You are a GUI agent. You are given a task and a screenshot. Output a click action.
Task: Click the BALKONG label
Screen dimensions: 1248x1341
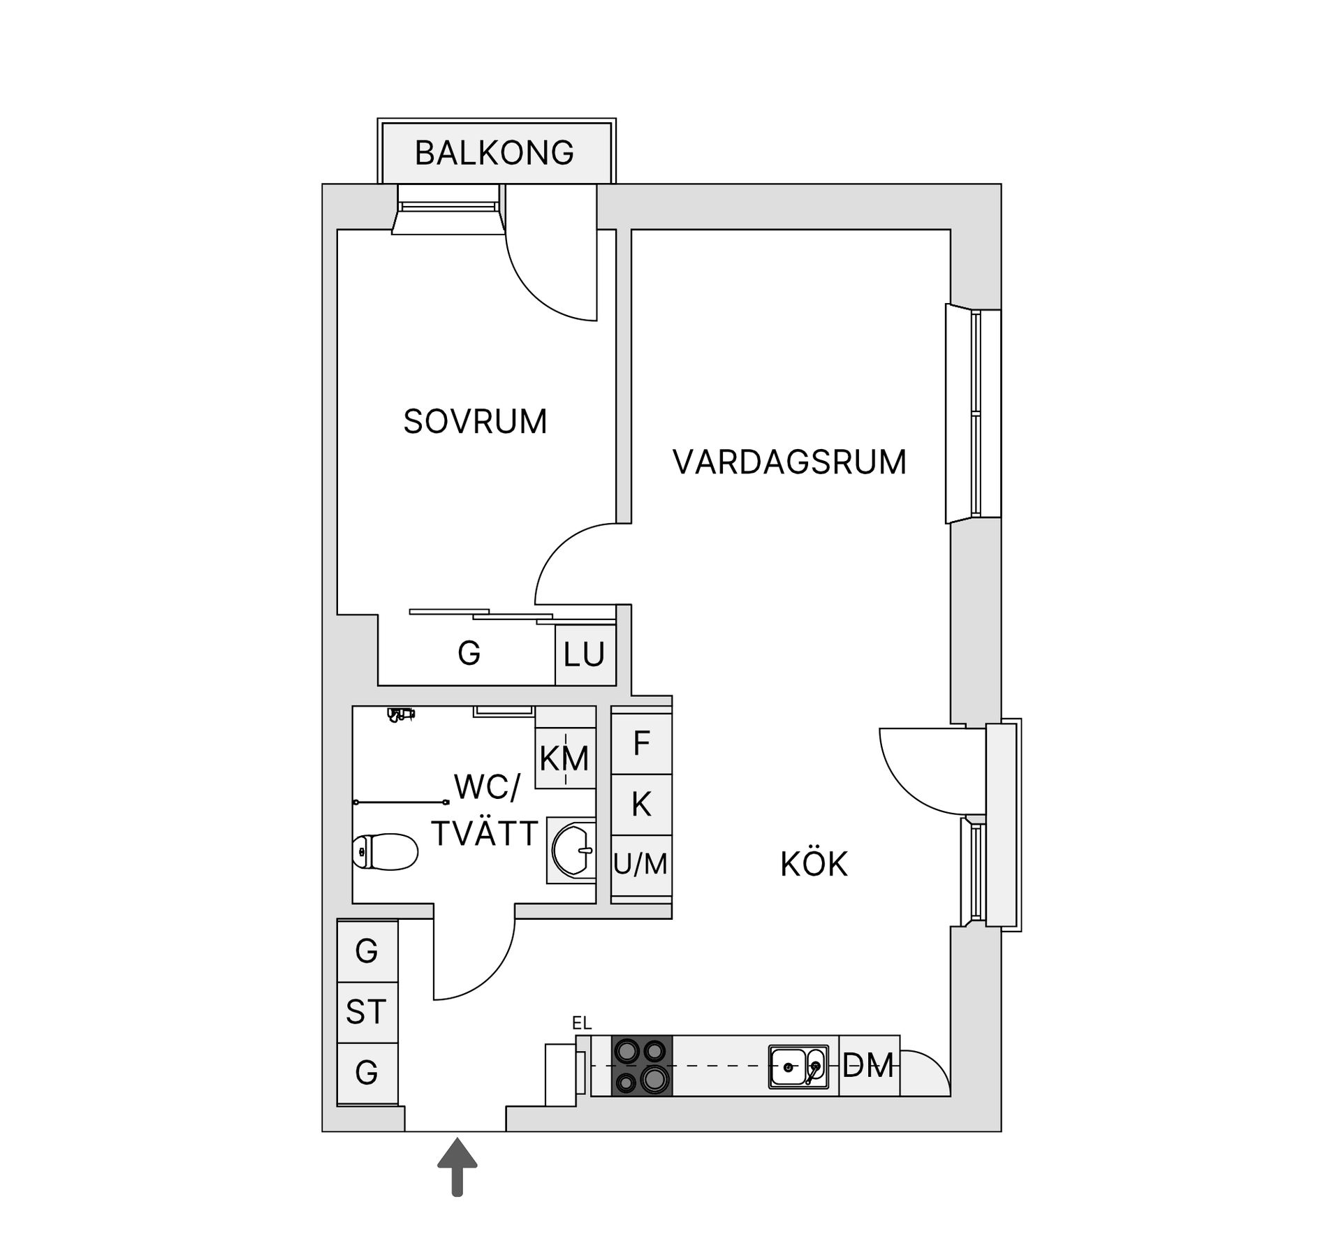click(x=494, y=153)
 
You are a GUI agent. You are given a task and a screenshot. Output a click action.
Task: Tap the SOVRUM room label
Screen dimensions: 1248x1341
click(x=475, y=422)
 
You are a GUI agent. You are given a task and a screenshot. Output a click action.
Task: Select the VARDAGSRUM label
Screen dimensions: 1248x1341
click(x=789, y=462)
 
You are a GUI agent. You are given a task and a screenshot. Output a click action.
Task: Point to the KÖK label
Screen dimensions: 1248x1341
click(x=814, y=865)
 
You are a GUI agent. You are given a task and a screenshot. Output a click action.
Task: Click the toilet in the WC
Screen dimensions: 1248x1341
click(x=385, y=851)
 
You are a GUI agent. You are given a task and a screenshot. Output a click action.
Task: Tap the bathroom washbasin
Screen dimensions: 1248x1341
click(x=573, y=850)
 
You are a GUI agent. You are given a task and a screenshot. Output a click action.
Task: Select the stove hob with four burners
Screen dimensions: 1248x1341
click(x=642, y=1066)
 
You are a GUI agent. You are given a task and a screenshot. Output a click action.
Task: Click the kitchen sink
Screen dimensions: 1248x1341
click(x=798, y=1066)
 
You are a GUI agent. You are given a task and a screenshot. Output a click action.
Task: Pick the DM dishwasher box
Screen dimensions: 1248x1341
click(x=868, y=1066)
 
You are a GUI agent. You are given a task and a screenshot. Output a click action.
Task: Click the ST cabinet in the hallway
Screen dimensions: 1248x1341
click(x=367, y=1012)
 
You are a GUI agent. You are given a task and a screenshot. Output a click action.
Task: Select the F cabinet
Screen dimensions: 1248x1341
click(x=641, y=743)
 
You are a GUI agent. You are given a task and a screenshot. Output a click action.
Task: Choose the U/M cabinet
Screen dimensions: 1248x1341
click(x=641, y=865)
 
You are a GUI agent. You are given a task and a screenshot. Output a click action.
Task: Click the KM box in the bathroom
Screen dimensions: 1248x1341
click(x=564, y=758)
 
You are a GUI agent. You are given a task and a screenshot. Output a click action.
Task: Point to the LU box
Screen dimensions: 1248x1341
click(x=585, y=655)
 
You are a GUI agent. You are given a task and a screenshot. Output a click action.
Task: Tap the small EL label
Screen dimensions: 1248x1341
click(x=582, y=1023)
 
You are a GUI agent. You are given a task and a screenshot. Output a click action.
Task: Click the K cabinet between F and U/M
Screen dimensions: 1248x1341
click(x=641, y=805)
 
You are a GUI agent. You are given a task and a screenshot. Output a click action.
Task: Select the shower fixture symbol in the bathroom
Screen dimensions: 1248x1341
click(x=401, y=714)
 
